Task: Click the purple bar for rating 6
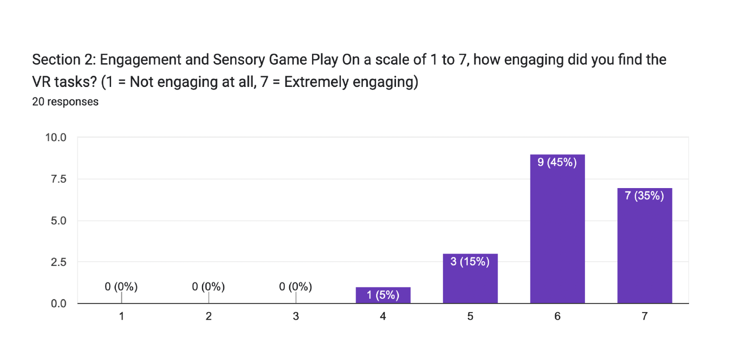(557, 233)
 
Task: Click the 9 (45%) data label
(557, 162)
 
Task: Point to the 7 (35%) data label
(644, 196)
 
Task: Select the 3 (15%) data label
(470, 262)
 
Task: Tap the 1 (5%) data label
(383, 295)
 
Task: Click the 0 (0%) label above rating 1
(121, 287)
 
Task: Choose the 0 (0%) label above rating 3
(295, 287)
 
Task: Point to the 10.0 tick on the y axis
(56, 138)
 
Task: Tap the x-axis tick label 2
(208, 317)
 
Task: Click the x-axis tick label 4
(383, 317)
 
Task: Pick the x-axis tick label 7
(644, 317)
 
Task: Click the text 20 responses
(66, 102)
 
